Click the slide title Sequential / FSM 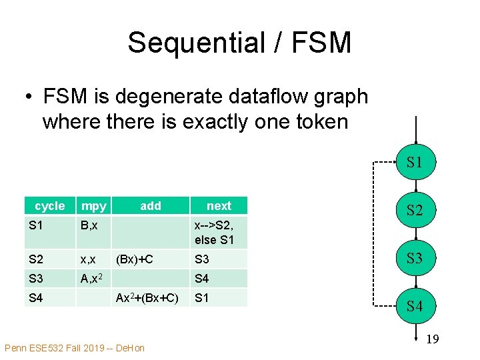[239, 43]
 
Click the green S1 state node [415, 161]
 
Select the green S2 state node [415, 210]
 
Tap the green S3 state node [415, 257]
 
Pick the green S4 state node [415, 306]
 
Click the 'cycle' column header [50, 206]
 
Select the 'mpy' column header [92, 206]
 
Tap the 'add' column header [151, 206]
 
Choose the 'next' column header [219, 206]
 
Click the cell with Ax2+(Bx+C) [147, 297]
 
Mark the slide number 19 [432, 339]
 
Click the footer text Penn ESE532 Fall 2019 [74, 348]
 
